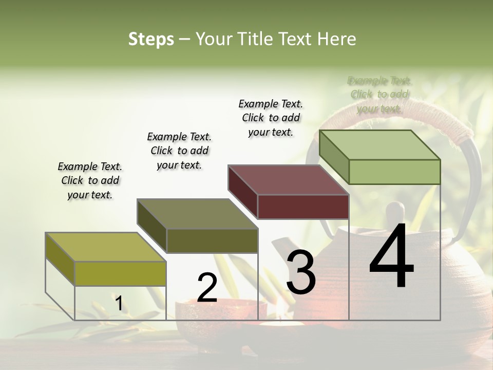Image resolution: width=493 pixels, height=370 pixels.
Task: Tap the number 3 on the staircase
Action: (301, 272)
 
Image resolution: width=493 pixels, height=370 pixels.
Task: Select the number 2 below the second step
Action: (207, 288)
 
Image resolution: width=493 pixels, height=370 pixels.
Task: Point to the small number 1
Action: (119, 304)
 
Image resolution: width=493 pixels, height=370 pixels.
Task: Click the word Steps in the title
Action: (151, 39)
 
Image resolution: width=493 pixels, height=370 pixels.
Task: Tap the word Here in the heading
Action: (336, 39)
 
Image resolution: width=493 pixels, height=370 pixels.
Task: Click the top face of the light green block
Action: (380, 145)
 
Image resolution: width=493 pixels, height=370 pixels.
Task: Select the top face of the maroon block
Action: (288, 180)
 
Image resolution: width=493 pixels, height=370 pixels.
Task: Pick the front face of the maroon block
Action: (303, 207)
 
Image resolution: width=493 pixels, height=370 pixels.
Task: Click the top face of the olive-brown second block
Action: (197, 214)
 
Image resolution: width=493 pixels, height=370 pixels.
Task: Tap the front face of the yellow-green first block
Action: (120, 273)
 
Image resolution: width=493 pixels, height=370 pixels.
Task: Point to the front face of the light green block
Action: (394, 172)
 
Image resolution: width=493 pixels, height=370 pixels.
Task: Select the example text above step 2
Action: (179, 151)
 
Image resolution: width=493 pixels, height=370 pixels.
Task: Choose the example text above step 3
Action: (271, 118)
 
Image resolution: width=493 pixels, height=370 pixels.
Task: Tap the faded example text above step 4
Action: (380, 95)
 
